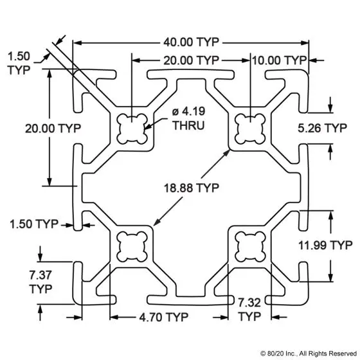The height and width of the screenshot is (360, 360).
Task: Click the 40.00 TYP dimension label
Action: click(x=192, y=42)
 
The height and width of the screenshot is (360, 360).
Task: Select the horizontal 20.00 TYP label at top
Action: click(x=192, y=60)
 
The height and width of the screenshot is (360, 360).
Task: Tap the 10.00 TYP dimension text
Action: click(x=280, y=60)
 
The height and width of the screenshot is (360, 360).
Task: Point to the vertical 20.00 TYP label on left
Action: click(x=53, y=129)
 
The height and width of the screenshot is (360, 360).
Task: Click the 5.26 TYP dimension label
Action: click(x=322, y=128)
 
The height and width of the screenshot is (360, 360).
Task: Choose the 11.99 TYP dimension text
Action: click(x=325, y=245)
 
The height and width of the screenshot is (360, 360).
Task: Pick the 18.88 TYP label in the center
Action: click(x=192, y=188)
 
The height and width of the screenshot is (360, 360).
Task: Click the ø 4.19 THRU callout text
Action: click(x=188, y=118)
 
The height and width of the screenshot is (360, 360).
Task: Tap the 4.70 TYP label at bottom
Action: click(x=164, y=318)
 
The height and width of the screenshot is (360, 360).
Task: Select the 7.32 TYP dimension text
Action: click(x=249, y=310)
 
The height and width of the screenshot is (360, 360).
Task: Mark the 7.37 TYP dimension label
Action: click(x=40, y=282)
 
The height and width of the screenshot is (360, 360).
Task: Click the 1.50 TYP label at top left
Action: click(x=19, y=63)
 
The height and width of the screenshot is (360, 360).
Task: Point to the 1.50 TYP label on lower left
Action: click(x=34, y=224)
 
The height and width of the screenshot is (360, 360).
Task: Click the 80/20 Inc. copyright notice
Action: click(x=309, y=354)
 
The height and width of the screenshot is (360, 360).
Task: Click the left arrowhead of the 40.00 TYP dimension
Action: click(x=78, y=43)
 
